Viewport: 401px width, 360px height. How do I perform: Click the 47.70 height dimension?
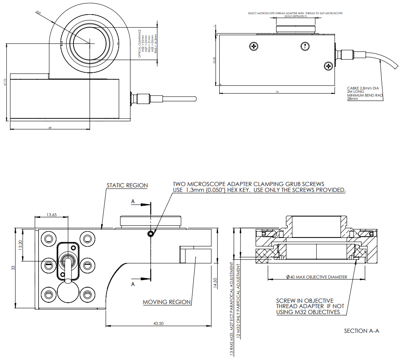pos(5,82)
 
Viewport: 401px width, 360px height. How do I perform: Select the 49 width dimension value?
pos(50,128)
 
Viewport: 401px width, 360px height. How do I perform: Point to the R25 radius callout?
pos(38,12)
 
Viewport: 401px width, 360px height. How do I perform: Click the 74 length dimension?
pos(277,92)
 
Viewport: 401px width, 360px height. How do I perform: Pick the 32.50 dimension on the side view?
pos(214,61)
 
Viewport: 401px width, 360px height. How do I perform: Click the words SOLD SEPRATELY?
pos(295,16)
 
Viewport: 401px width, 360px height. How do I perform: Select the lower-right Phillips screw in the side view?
pos(328,65)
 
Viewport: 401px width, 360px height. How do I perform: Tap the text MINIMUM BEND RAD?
pos(365,95)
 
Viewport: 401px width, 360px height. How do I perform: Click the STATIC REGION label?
pos(127,185)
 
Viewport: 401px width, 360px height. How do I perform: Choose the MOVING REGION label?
pos(167,302)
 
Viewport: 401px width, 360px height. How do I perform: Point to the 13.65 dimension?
pos(52,214)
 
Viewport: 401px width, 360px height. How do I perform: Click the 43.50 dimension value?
pos(158,323)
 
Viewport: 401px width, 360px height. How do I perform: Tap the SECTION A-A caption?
pos(361,331)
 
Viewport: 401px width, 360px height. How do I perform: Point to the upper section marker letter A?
pos(133,202)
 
